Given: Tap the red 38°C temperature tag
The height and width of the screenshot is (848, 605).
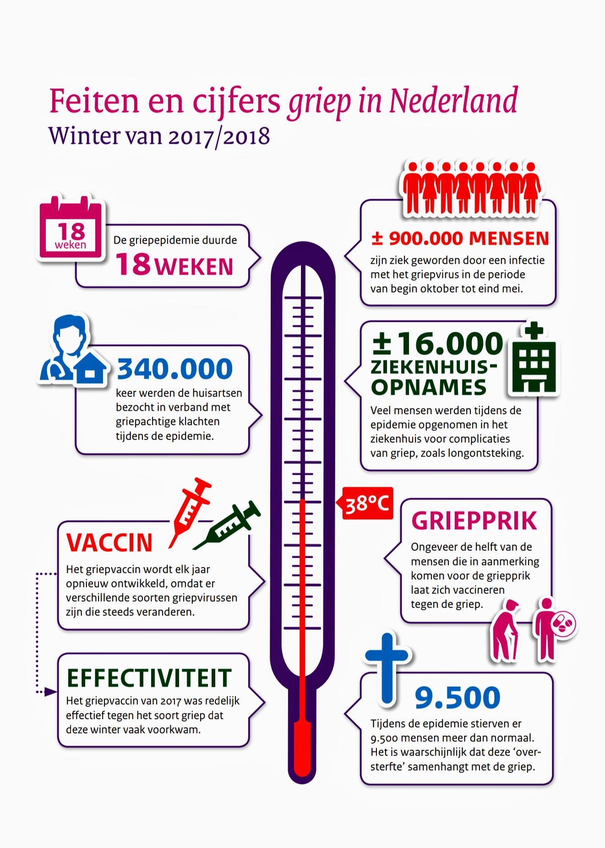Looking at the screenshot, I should click(368, 503).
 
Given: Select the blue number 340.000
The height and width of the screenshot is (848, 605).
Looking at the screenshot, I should click(174, 369).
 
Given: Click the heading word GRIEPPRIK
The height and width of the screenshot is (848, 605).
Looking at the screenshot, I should click(474, 521).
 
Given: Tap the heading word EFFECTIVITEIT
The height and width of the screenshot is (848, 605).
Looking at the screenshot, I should click(149, 678).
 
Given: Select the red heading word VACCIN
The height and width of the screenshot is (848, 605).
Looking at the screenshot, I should click(109, 543).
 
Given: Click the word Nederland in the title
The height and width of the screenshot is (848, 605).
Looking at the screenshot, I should click(453, 101).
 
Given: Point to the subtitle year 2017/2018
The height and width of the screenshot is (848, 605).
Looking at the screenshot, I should click(219, 136).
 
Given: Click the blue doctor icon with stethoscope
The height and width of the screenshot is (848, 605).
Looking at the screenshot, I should click(64, 348).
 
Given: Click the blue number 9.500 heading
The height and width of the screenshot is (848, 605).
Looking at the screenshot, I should click(457, 698).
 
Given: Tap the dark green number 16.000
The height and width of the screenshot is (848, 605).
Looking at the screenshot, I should click(450, 343).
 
